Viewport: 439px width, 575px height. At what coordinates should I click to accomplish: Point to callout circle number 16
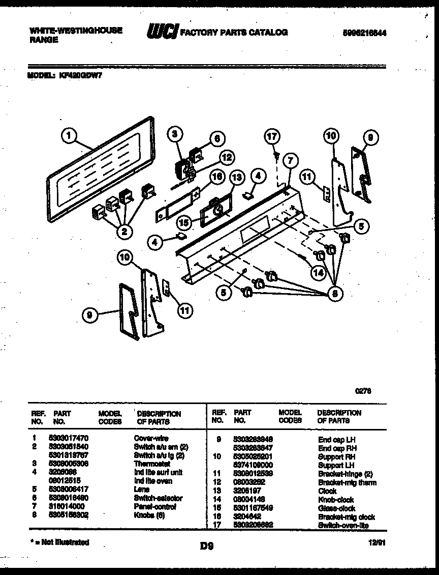(x=217, y=177)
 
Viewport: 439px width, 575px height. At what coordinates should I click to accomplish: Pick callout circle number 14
(x=318, y=272)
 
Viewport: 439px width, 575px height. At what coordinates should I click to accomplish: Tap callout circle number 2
(x=124, y=232)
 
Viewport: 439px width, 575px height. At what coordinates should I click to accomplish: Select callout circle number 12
(x=226, y=157)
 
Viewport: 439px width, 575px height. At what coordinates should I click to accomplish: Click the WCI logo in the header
(x=162, y=33)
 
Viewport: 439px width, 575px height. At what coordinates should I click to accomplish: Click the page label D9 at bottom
(x=206, y=547)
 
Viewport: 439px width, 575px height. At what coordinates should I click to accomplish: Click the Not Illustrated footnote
(x=59, y=542)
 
